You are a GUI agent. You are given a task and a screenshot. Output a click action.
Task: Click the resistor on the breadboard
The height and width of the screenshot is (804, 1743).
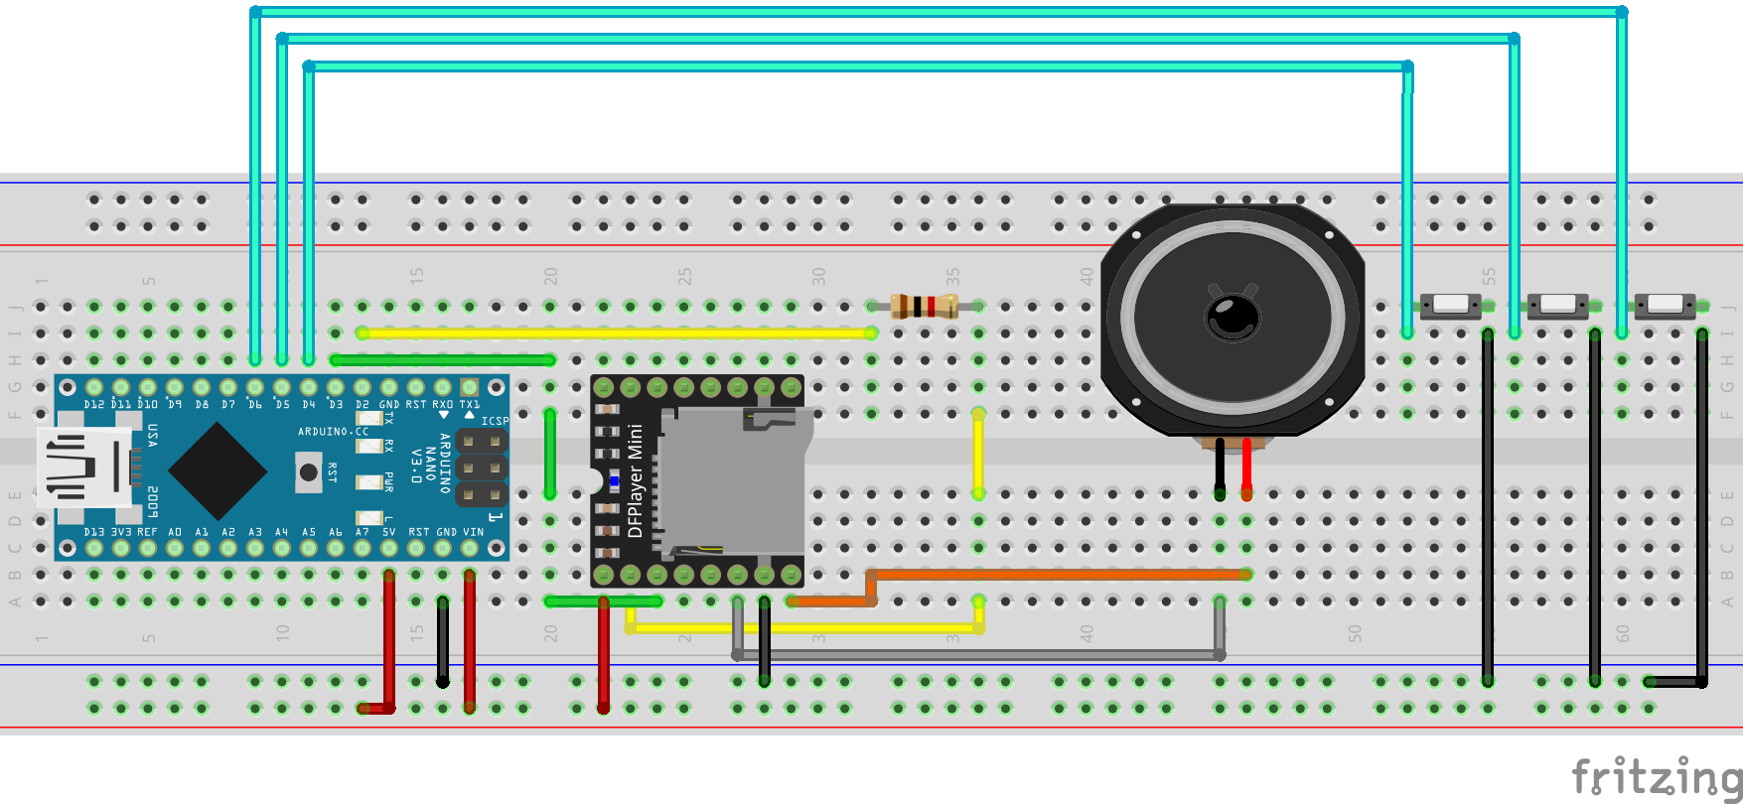pos(924,306)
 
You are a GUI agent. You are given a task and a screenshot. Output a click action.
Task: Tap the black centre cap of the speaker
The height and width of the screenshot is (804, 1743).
pos(1233,318)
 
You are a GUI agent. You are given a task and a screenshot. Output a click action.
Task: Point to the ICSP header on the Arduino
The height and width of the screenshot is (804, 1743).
pos(482,467)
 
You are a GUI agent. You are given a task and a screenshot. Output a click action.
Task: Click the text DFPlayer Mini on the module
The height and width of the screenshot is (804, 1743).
pos(636,480)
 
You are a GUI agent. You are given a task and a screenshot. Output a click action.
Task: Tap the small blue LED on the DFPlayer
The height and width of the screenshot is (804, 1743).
pos(614,481)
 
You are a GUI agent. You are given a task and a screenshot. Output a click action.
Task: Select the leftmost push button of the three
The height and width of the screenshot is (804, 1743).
pos(1450,304)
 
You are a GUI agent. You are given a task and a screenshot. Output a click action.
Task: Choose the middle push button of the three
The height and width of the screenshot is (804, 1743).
pos(1557,304)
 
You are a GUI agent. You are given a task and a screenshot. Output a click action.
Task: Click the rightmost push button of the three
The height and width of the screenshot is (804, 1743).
pos(1665,304)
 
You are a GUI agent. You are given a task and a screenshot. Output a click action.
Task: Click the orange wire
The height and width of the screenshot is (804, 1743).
pos(1053,574)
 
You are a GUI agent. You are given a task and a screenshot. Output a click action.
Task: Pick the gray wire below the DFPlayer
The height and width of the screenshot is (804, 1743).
pos(978,655)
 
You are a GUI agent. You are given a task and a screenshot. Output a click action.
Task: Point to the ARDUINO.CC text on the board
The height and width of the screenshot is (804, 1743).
pos(333,432)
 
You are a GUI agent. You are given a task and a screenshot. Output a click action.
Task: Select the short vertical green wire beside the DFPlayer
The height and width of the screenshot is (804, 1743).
pos(549,453)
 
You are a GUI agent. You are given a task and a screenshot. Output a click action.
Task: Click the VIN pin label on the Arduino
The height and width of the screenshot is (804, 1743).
pos(473,532)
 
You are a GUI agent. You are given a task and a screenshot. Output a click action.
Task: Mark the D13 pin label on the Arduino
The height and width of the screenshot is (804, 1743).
pos(93,532)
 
